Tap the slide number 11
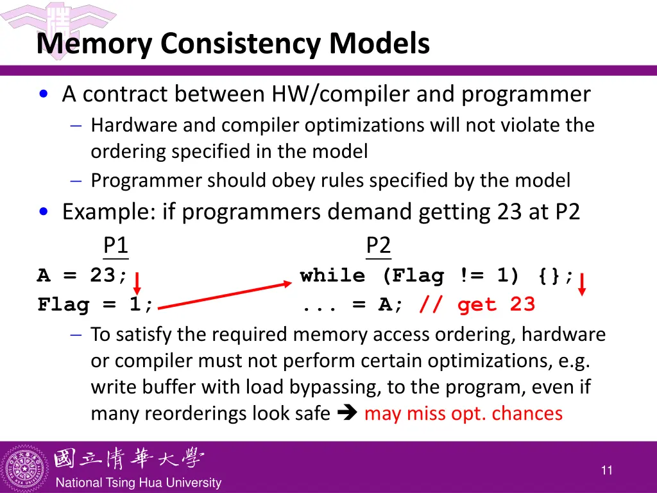(606, 471)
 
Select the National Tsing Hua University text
(139, 483)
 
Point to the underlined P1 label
(115, 246)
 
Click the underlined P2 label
(378, 246)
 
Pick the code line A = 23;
(82, 276)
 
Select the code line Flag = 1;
(96, 304)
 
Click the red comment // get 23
(477, 304)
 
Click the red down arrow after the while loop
(582, 283)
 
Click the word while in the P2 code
(332, 276)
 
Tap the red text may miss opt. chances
(463, 413)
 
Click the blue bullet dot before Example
(43, 212)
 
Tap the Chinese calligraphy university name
(128, 458)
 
